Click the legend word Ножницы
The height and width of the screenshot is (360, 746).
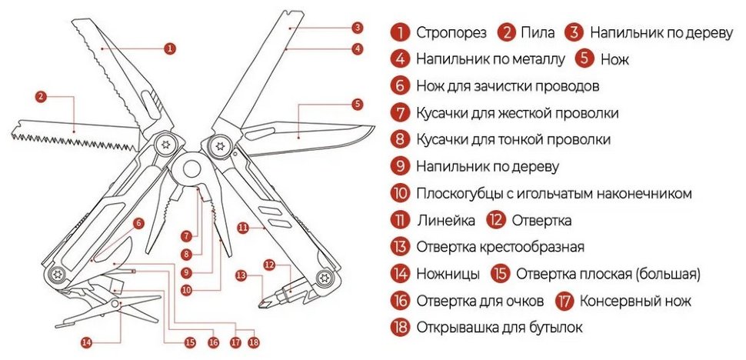click(448, 274)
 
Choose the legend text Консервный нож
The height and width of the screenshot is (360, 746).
click(634, 301)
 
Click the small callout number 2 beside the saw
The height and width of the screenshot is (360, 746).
click(41, 97)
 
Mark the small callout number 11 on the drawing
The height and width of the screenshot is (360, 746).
click(242, 228)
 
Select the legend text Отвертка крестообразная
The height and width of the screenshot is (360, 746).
click(500, 247)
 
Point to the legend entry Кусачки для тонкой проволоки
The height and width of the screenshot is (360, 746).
click(513, 139)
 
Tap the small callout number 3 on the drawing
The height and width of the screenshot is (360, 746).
click(357, 28)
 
